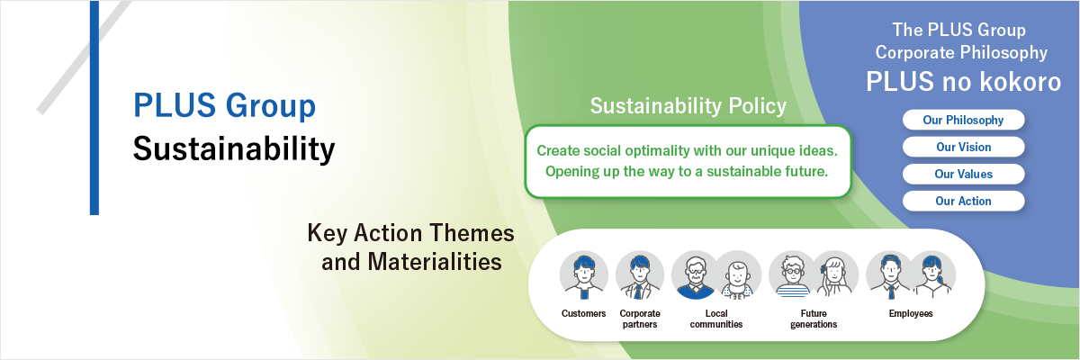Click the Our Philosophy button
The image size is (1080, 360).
[x=963, y=120]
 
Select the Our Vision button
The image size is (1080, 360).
[x=963, y=147]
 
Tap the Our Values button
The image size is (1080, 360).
[x=963, y=174]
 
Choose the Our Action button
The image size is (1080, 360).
[x=963, y=201]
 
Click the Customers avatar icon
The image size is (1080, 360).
[x=584, y=275]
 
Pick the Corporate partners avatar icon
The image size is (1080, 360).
[x=640, y=275]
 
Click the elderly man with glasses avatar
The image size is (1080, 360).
[x=695, y=275]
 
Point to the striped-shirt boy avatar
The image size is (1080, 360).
[x=793, y=275]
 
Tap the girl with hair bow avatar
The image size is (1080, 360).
[x=835, y=275]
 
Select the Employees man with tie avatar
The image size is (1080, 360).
[x=889, y=275]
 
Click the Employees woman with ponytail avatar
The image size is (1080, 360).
[x=932, y=275]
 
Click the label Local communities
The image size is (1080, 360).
[x=716, y=319]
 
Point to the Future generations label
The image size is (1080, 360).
[x=814, y=319]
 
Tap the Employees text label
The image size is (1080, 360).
[x=911, y=314]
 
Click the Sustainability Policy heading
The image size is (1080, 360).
[x=688, y=106]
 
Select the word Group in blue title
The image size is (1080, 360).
[x=271, y=106]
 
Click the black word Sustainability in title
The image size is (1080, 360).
[x=234, y=148]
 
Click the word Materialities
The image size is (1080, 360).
[x=435, y=262]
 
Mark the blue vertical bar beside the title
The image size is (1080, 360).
[x=94, y=107]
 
